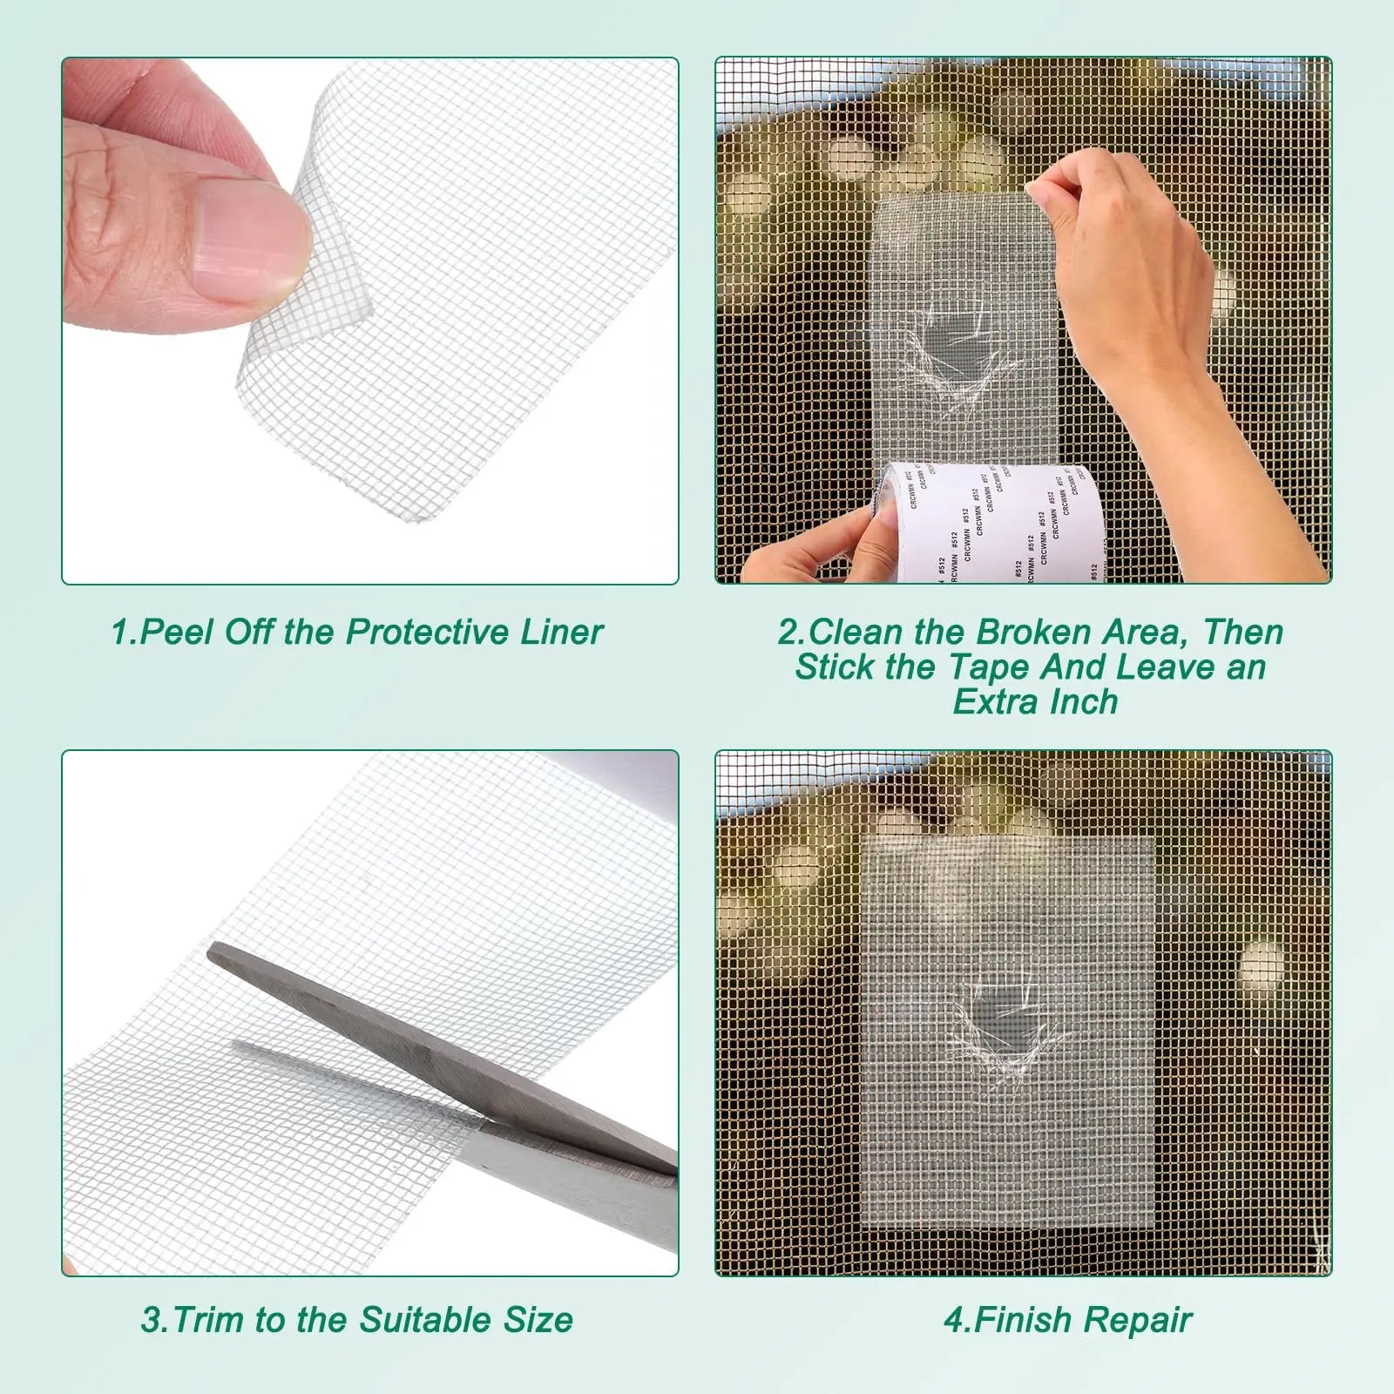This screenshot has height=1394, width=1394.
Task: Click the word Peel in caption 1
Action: point(175,632)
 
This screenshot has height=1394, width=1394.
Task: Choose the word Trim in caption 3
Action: point(210,1320)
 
